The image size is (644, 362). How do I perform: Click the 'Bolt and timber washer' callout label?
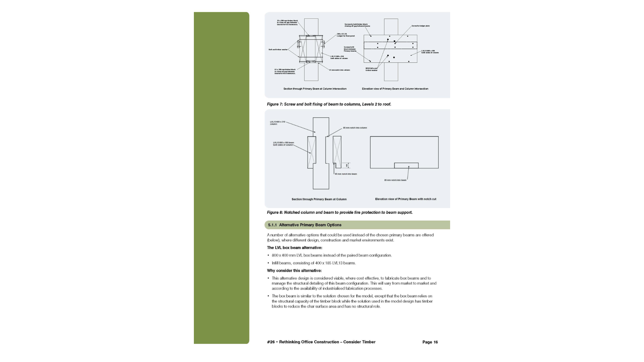[278, 50]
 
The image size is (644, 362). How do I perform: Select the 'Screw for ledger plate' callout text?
[420, 26]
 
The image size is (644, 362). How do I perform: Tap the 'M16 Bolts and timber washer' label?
[371, 69]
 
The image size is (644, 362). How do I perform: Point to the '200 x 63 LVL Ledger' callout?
[345, 35]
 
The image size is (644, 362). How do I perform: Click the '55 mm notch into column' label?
[339, 70]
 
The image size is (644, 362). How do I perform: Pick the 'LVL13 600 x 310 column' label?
[277, 123]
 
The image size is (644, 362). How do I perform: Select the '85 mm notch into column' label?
[355, 128]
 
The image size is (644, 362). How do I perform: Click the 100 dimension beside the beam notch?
[346, 165]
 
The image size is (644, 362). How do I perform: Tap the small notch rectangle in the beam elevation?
[406, 166]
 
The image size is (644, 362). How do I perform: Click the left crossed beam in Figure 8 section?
[312, 152]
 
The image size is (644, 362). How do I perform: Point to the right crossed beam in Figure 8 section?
[337, 149]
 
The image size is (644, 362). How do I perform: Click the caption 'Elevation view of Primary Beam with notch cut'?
[406, 199]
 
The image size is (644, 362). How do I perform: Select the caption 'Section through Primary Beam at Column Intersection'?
[315, 89]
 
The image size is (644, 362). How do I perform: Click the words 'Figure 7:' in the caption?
[275, 104]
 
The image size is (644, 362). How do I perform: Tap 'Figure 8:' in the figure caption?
[275, 213]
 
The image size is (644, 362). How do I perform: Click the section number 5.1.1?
[272, 225]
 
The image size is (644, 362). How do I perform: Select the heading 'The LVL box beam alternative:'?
[294, 248]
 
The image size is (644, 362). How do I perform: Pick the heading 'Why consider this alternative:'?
[294, 270]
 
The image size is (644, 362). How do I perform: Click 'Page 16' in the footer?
[430, 342]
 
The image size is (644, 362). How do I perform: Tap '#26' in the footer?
[271, 342]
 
